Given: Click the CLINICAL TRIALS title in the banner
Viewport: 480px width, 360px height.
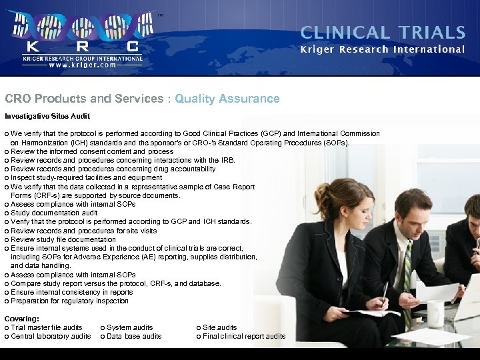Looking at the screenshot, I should pos(383,32).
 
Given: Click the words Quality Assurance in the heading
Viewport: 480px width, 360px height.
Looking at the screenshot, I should pos(227,99).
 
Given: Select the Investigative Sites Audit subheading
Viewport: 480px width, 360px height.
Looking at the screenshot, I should pos(47,117).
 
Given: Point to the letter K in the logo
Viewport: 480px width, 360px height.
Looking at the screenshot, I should pos(31,46).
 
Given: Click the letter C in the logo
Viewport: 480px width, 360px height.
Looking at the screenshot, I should pos(133,46).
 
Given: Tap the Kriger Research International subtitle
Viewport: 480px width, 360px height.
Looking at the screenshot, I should pos(383,49).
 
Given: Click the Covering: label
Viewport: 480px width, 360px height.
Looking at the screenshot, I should pos(22,319).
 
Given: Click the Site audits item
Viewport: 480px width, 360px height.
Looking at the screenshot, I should pos(219,327).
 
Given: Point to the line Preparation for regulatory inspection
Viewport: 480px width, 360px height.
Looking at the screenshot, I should pos(69,301).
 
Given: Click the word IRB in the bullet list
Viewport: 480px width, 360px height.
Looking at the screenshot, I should pos(227,160).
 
